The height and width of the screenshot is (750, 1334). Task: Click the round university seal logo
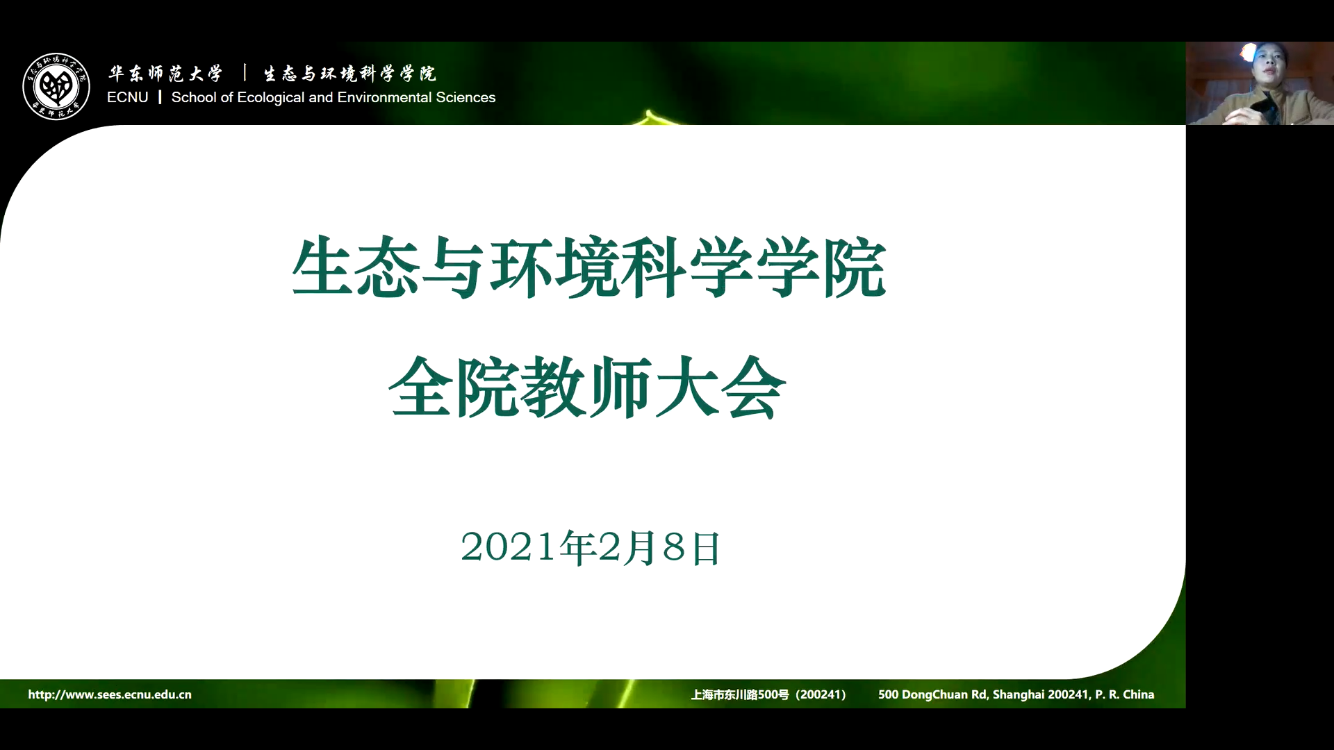pyautogui.click(x=56, y=86)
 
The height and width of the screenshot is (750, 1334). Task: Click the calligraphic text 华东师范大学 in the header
pyautogui.click(x=165, y=73)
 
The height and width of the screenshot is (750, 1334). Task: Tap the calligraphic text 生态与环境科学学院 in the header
pyautogui.click(x=349, y=73)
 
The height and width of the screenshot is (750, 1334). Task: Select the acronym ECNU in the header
pyautogui.click(x=128, y=97)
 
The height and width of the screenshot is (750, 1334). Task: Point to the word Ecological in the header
pyautogui.click(x=271, y=98)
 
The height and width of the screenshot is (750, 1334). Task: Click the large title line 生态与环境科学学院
pyautogui.click(x=589, y=268)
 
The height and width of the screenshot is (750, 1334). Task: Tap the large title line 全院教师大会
pyautogui.click(x=588, y=387)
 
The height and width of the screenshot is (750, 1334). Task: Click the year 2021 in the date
pyautogui.click(x=509, y=547)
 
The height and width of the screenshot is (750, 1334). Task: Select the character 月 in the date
pyautogui.click(x=639, y=547)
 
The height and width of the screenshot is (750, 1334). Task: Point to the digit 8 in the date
pyautogui.click(x=674, y=547)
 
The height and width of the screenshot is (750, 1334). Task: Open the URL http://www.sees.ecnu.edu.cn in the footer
pyautogui.click(x=110, y=694)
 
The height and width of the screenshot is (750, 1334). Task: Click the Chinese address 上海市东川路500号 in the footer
pyautogui.click(x=740, y=694)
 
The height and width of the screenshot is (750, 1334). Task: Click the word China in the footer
pyautogui.click(x=1139, y=694)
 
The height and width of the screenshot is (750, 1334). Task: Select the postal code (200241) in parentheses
pyautogui.click(x=821, y=694)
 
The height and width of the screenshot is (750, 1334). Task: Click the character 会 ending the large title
pyautogui.click(x=754, y=387)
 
